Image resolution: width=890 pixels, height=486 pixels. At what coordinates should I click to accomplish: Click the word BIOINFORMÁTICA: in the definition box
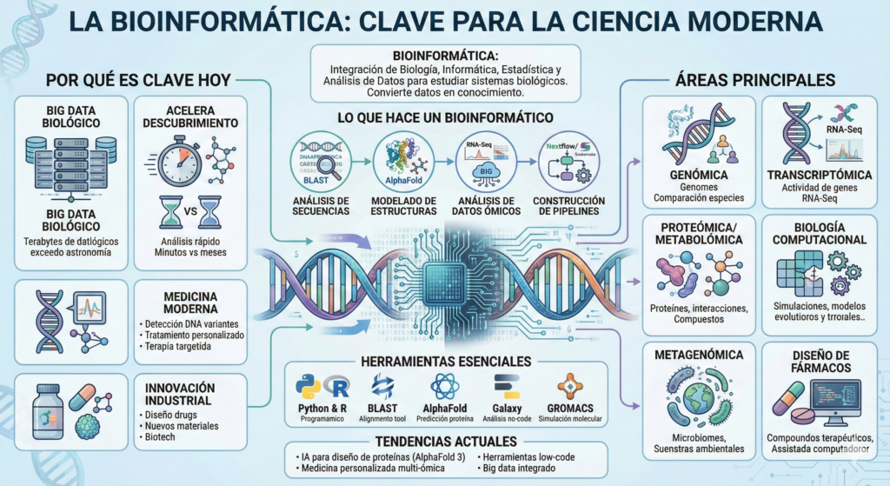pos(444,55)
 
